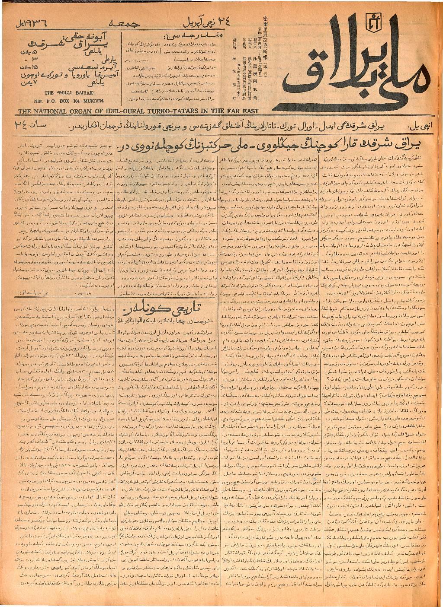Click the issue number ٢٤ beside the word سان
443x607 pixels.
click(20, 126)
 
